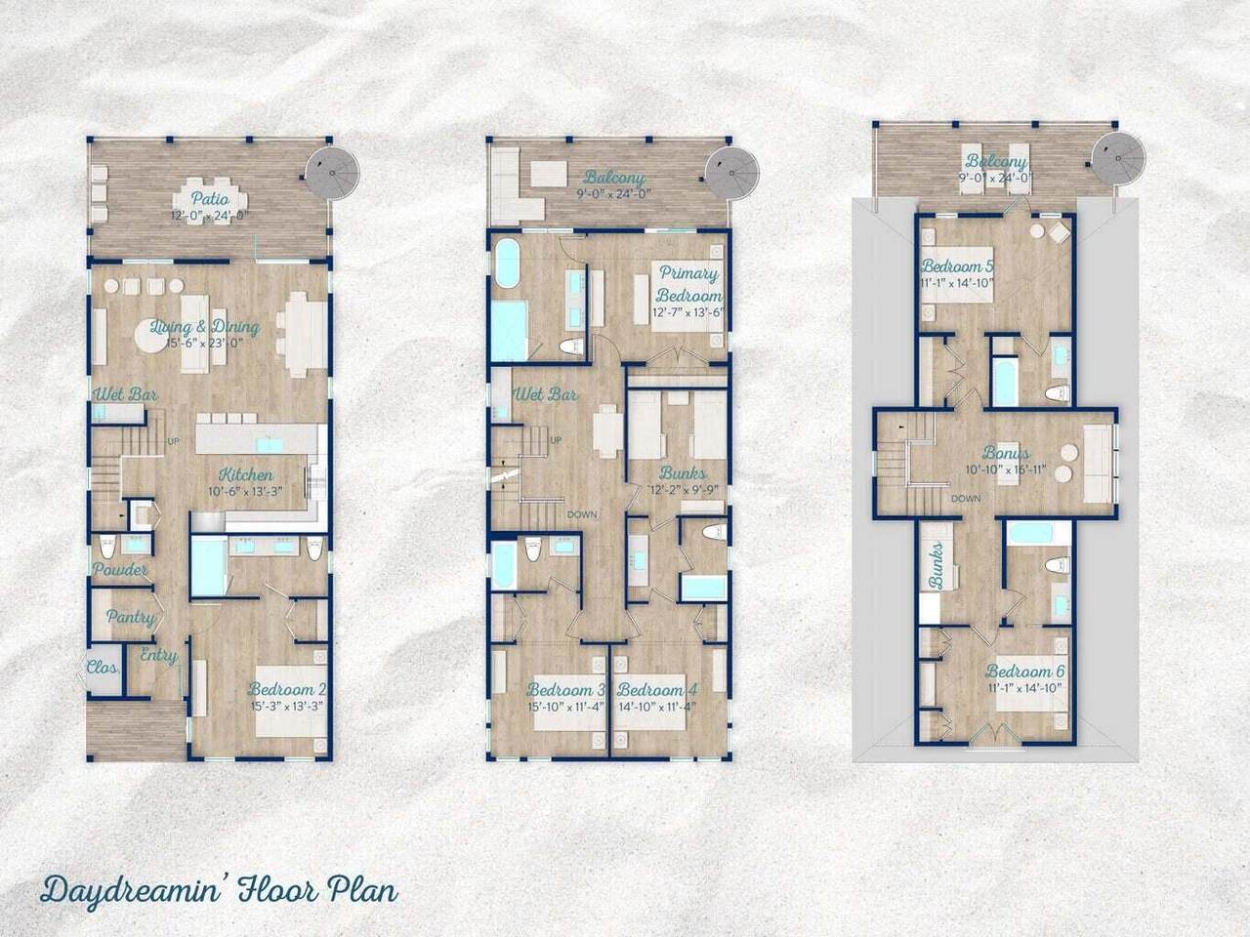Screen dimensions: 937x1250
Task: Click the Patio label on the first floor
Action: point(209,174)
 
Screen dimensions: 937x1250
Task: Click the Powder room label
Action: point(120,570)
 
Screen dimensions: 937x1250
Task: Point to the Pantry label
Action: point(130,617)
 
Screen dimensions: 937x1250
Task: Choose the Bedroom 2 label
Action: point(286,689)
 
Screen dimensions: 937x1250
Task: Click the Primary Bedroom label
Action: point(688,284)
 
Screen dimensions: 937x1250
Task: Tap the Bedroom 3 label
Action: point(565,689)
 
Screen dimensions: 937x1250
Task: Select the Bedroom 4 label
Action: point(656,689)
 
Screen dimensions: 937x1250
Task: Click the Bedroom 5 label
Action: point(957,266)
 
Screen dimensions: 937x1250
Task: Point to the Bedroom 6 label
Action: point(1023,672)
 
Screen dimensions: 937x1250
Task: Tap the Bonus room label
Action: point(1005,454)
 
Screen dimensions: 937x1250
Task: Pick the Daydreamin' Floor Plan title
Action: point(219,892)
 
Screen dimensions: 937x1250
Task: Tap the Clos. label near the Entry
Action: point(103,670)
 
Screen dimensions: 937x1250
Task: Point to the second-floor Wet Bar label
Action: point(546,395)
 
